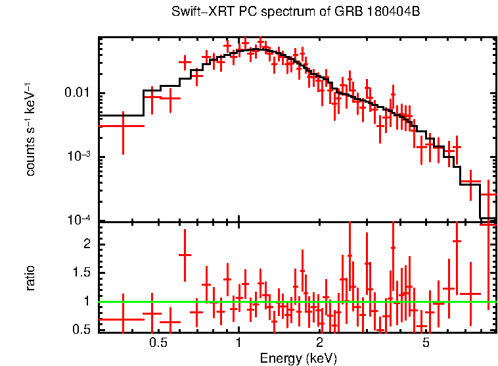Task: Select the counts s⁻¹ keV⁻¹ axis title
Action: (30, 130)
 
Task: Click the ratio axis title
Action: (30, 278)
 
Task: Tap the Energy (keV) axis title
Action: (298, 358)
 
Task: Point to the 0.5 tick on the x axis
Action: (157, 342)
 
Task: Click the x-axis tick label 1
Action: (238, 342)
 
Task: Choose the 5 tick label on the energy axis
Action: (426, 342)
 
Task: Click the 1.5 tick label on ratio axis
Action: (80, 273)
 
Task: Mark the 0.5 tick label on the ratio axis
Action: (80, 328)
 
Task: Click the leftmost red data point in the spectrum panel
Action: (122, 125)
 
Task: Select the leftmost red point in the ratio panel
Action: (122, 319)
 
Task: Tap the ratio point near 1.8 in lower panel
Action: (185, 254)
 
